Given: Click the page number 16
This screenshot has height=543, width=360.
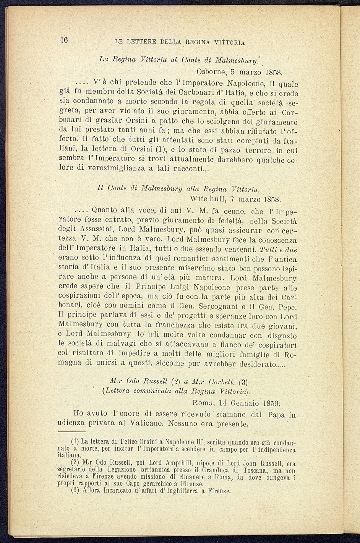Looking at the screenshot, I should pyautogui.click(x=63, y=40).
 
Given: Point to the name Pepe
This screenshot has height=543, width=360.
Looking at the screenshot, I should pyautogui.click(x=289, y=307).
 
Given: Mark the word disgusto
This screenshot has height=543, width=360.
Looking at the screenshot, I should pyautogui.click(x=281, y=336).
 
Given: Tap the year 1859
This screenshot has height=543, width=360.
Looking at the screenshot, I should pyautogui.click(x=272, y=403).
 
